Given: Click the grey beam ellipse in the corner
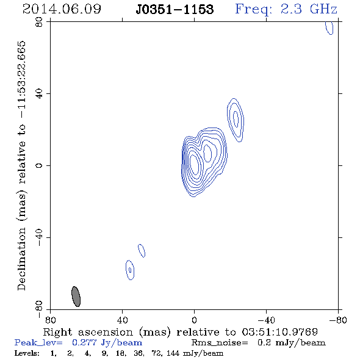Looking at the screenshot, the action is (x=76, y=297).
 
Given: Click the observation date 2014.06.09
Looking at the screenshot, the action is (x=62, y=9).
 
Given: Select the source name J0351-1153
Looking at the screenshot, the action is (x=175, y=9).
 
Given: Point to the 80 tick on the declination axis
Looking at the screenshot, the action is (x=39, y=22).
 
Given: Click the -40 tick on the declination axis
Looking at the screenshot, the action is (x=39, y=237).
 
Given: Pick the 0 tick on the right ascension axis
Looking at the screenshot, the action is (x=194, y=320).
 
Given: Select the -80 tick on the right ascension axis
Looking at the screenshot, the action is (x=338, y=320).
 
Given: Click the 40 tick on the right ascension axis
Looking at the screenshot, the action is (x=122, y=320).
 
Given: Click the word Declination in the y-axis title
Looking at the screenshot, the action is (x=21, y=259).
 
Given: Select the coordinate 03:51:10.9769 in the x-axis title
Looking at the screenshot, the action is (x=280, y=332).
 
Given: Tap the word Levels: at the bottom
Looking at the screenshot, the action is (x=27, y=353).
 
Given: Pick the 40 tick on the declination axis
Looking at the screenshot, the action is (x=39, y=94).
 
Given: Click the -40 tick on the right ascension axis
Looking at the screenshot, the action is (x=266, y=320).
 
